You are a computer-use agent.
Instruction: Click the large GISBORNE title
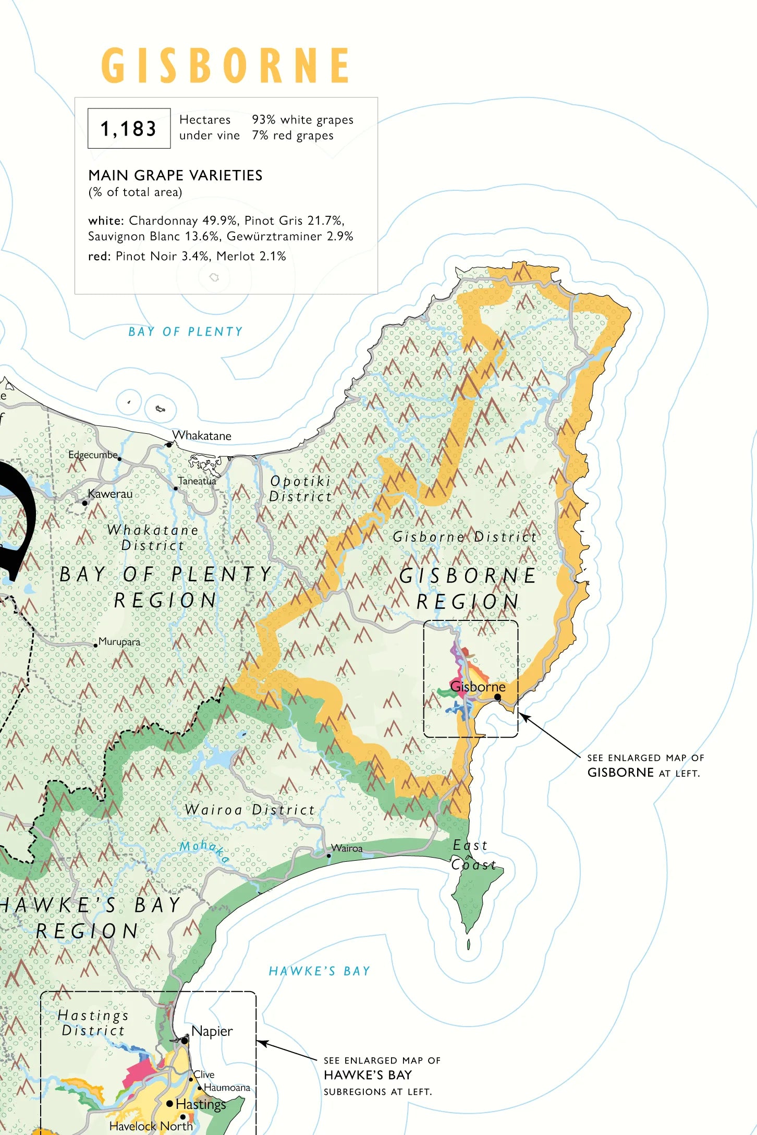(x=225, y=65)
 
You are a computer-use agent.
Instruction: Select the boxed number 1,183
(x=129, y=128)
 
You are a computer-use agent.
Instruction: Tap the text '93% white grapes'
(x=302, y=119)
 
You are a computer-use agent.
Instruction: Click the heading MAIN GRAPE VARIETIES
(x=175, y=175)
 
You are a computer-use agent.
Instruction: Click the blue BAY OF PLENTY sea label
(x=186, y=332)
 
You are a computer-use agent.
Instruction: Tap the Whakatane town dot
(x=168, y=444)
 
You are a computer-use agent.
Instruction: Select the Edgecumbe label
(x=93, y=455)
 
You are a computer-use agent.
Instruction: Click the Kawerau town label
(x=110, y=493)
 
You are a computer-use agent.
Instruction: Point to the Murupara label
(x=119, y=642)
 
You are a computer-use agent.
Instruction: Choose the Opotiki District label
(x=300, y=489)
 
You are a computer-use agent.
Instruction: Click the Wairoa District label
(x=250, y=810)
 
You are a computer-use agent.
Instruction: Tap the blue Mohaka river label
(x=204, y=850)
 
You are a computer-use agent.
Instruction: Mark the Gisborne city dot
(x=497, y=697)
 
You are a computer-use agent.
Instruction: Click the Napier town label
(x=212, y=1031)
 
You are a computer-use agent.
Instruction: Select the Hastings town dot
(x=169, y=1103)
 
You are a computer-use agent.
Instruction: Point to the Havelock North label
(x=151, y=1126)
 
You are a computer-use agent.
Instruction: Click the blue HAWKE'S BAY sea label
(x=319, y=971)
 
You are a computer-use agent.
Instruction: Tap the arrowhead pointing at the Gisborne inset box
(x=523, y=716)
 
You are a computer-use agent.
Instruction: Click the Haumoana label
(x=227, y=1088)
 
